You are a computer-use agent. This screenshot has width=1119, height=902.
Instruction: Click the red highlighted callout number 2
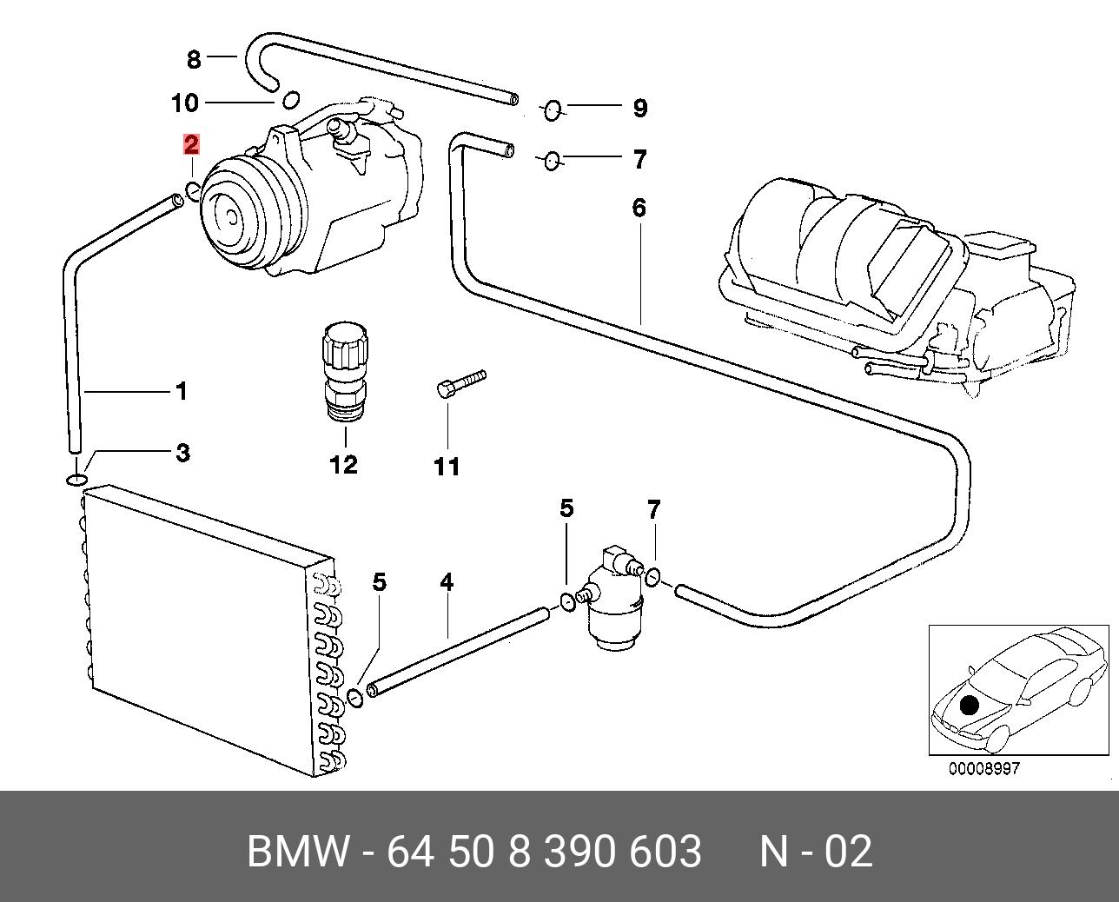point(191,145)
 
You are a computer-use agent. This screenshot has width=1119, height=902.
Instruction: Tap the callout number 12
point(344,465)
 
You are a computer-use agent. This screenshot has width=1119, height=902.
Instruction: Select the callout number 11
point(447,468)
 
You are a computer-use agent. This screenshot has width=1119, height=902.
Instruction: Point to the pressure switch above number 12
point(344,372)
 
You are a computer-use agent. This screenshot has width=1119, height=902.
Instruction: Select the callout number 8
point(194,60)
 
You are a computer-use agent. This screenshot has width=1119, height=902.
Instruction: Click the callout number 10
point(185,103)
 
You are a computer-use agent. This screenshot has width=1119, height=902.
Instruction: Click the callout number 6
point(639,209)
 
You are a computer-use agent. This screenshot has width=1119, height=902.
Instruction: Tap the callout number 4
point(447,582)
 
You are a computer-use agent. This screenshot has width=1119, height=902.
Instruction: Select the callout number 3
point(182,453)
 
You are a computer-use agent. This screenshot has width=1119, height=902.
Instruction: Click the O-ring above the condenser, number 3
point(76,480)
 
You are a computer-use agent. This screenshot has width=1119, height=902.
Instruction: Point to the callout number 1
point(181,392)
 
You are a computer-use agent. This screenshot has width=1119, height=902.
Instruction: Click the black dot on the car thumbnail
point(970,705)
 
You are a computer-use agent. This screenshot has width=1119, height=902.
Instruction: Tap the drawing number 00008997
point(983,769)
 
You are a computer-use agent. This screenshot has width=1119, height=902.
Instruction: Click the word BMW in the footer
point(298,852)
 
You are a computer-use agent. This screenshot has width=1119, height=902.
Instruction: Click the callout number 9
point(640,109)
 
